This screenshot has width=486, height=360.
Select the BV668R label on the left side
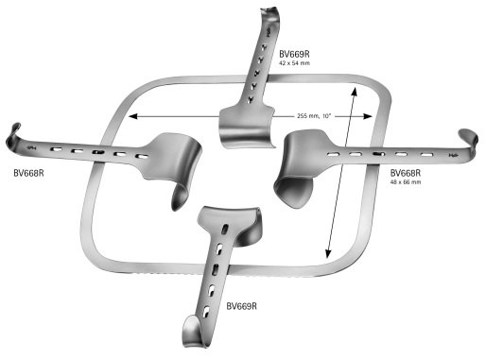[32, 172]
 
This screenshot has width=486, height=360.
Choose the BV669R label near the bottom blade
[244, 306]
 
